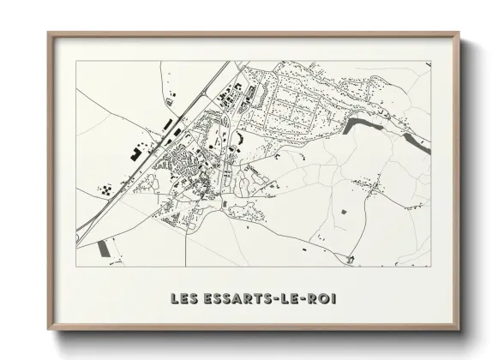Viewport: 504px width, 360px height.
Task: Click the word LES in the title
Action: click(183, 299)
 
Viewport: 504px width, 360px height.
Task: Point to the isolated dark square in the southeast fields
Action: click(345, 211)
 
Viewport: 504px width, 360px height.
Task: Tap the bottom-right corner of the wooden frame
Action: click(459, 330)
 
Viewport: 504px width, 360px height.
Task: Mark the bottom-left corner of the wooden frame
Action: click(49, 330)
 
